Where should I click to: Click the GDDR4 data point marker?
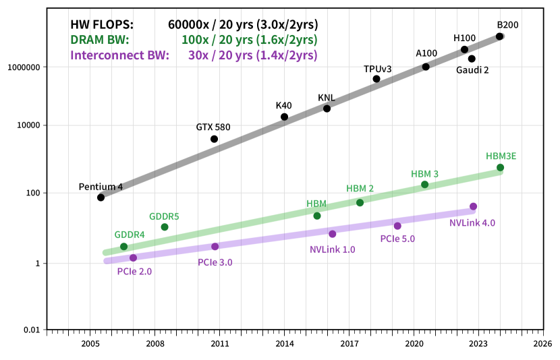[x=123, y=247]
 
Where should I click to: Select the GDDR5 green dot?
[x=165, y=227]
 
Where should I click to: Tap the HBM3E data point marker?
[x=500, y=167]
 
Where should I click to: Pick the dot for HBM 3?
[x=424, y=184]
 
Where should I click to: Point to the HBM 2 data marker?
[x=360, y=202]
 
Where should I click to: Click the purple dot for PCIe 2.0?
[x=134, y=258]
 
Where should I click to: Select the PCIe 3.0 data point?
[x=215, y=247]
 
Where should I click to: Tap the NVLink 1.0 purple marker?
[x=333, y=234]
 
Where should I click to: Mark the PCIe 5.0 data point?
[x=397, y=226]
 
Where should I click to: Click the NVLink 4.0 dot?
[x=473, y=206]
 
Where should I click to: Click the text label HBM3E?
[x=501, y=156]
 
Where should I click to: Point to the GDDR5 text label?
[x=164, y=216]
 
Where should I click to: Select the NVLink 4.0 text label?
[x=472, y=222]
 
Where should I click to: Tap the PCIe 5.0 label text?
[x=397, y=239]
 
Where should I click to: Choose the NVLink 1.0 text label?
[x=333, y=249]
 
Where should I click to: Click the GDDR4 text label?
[x=130, y=235]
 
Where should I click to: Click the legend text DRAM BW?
[x=100, y=40]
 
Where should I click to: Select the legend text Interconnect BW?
[x=119, y=55]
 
